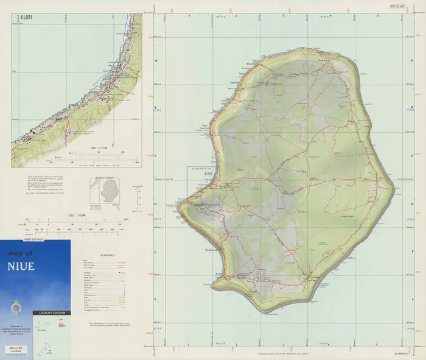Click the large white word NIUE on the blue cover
[21, 266]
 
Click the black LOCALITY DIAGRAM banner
[51, 312]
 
